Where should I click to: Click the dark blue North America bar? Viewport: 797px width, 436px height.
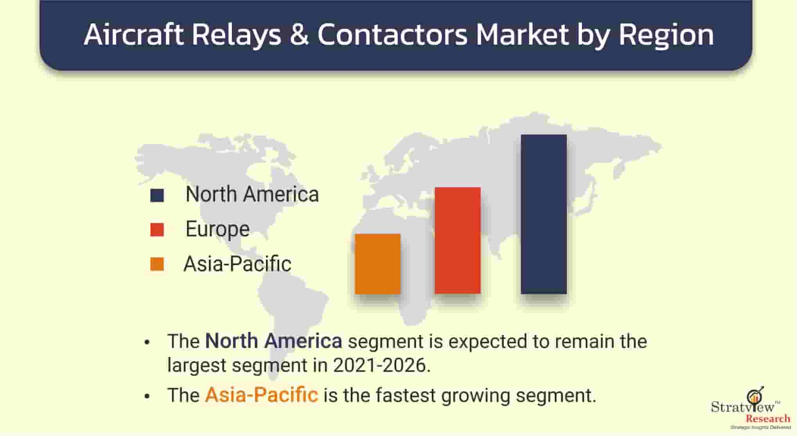tap(544, 214)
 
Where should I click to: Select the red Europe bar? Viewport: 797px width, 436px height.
tap(458, 240)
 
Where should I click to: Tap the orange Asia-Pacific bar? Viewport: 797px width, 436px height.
tap(378, 264)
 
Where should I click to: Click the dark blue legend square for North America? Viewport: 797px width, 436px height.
tap(157, 195)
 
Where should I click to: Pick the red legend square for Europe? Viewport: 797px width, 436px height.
tap(157, 230)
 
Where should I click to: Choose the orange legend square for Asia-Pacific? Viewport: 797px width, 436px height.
tap(157, 264)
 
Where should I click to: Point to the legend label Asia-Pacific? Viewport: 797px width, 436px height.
tap(238, 264)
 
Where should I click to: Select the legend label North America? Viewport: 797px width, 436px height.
tap(252, 195)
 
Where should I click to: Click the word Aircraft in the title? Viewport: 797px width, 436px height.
tap(134, 34)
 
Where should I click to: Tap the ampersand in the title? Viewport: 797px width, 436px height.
tap(299, 35)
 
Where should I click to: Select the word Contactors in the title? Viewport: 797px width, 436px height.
tap(392, 35)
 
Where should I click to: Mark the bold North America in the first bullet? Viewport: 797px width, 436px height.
tap(274, 341)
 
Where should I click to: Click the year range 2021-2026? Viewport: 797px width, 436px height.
tap(382, 365)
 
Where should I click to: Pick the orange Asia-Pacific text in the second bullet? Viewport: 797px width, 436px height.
tap(262, 395)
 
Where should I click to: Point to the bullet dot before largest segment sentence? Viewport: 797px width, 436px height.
tap(147, 342)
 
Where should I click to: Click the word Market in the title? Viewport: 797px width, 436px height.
tap(522, 35)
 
